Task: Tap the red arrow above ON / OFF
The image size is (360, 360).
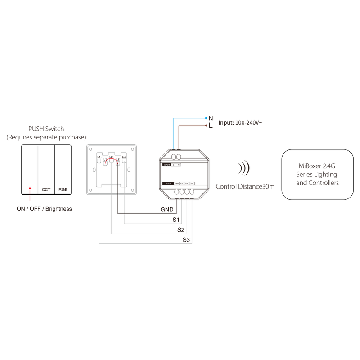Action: [30, 194]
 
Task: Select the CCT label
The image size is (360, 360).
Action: [46, 190]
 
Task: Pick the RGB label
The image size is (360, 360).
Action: [63, 190]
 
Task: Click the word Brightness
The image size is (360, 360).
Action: [58, 209]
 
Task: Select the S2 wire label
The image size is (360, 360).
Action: [181, 230]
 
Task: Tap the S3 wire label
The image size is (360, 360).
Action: [186, 241]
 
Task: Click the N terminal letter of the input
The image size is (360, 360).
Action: [211, 118]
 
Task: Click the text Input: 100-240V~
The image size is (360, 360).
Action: [240, 122]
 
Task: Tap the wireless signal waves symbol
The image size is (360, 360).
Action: [244, 168]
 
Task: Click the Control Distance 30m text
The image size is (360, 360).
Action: [245, 186]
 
